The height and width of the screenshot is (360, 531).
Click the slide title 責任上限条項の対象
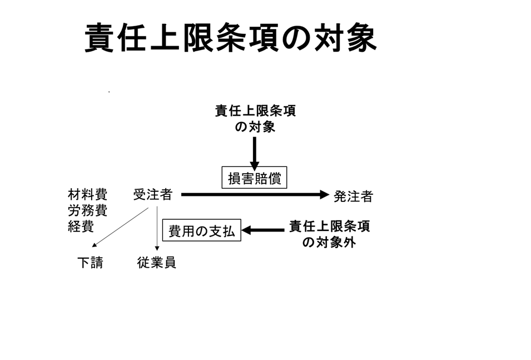point(231,38)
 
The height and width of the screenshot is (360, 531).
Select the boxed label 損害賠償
point(254,179)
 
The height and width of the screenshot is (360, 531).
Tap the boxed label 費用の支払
point(201,230)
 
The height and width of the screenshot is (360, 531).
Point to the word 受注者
point(153,195)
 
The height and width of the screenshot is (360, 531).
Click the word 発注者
point(353,196)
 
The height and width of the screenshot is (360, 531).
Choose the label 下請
point(90,263)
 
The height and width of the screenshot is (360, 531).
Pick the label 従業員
point(157,263)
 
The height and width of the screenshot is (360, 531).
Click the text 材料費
point(87,195)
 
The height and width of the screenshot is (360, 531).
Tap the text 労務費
point(87,211)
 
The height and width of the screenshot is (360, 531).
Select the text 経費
point(81,226)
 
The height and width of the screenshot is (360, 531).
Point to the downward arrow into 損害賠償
point(255,152)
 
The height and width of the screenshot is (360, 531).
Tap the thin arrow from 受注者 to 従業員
point(157,229)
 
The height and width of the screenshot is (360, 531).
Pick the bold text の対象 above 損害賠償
point(255,127)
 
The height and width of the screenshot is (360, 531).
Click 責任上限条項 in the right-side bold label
point(330,226)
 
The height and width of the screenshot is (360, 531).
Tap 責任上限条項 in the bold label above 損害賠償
point(255,111)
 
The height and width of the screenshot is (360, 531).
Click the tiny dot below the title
point(109,91)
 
